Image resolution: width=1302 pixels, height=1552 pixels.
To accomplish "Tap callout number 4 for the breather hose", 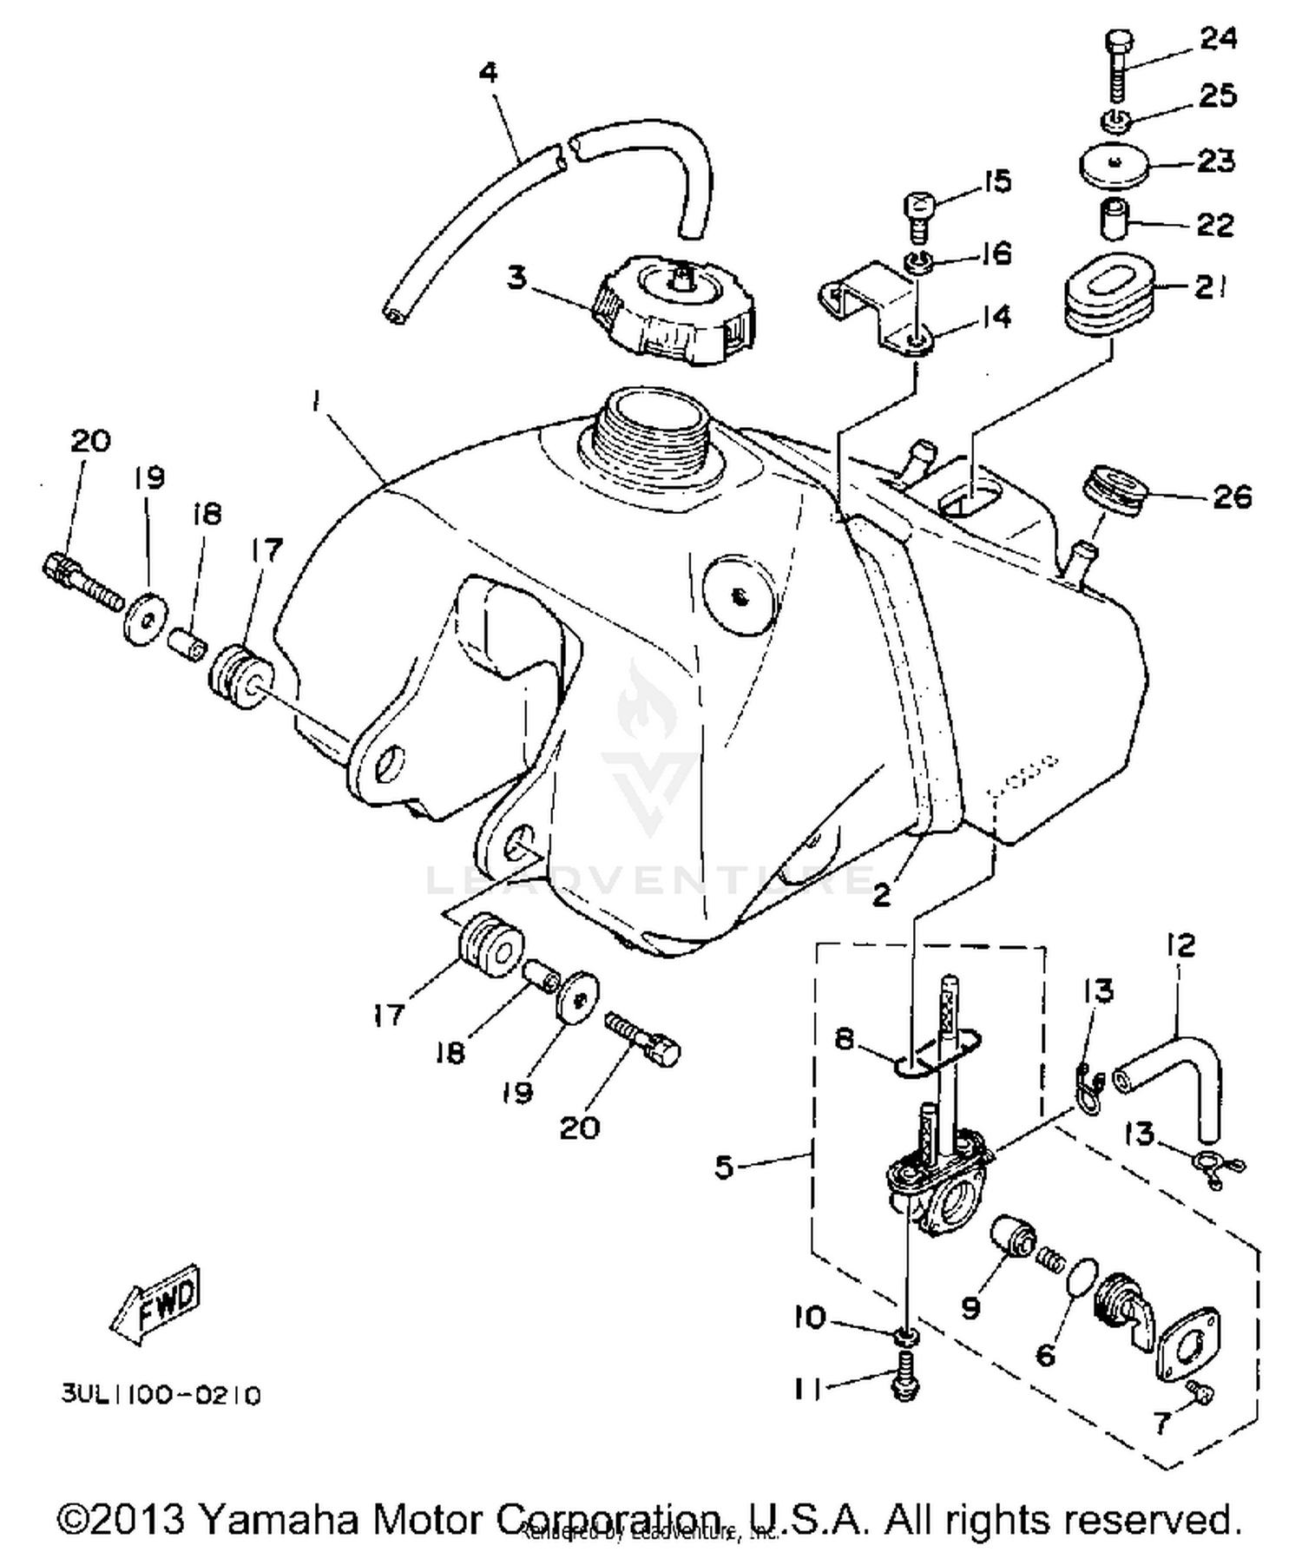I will pos(489,73).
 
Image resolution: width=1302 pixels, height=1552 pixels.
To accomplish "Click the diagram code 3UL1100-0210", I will pos(161,1395).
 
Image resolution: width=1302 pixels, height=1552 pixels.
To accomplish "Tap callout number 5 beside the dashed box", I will pos(724,1167).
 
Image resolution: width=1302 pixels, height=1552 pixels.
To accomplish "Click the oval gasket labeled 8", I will pos(937,1052).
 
